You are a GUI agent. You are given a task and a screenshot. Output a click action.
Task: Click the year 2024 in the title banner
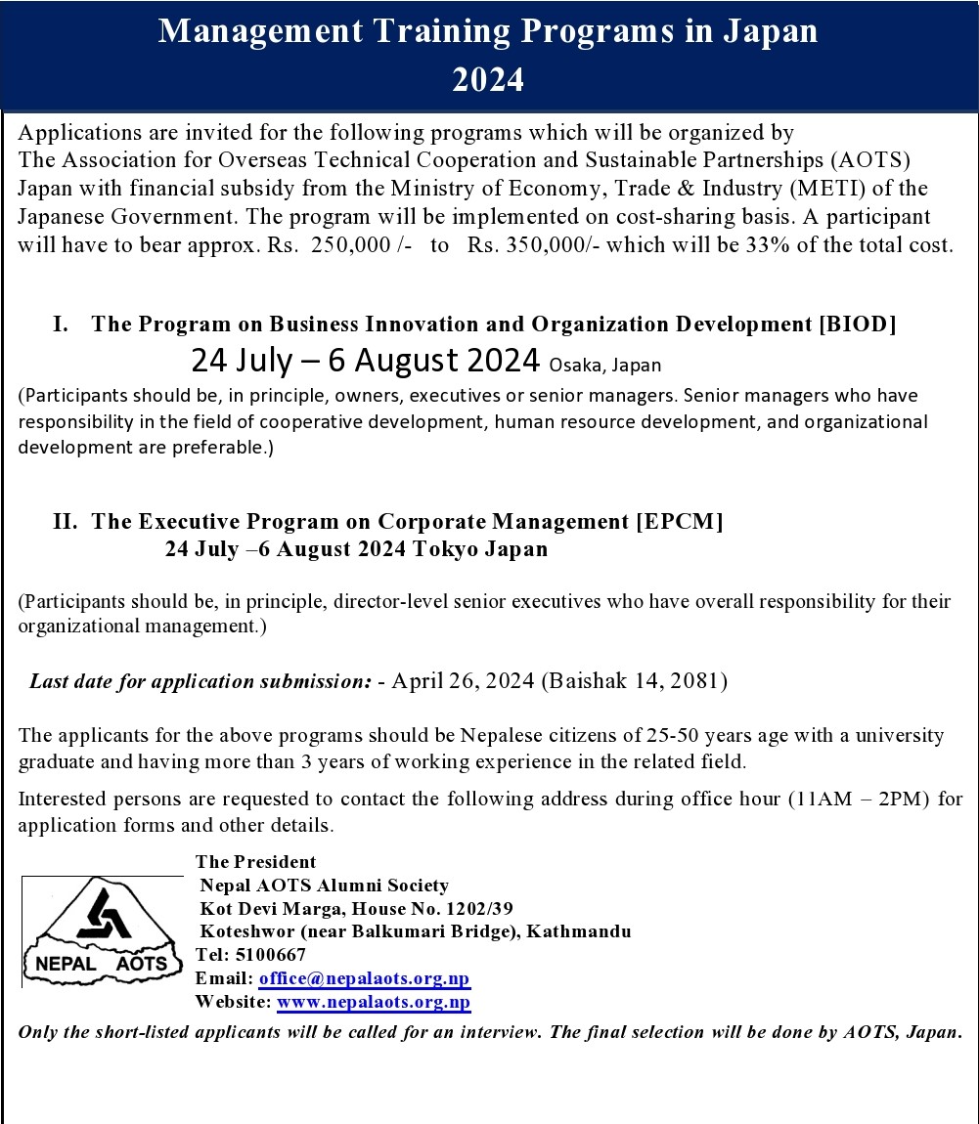point(488,79)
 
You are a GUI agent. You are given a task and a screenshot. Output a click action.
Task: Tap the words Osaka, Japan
point(605,366)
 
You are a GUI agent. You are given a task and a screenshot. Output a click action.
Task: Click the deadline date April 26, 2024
point(463,681)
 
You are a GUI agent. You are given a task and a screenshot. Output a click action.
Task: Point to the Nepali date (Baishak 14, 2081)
point(634,681)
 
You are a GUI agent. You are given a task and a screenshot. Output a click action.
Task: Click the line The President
point(256,862)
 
